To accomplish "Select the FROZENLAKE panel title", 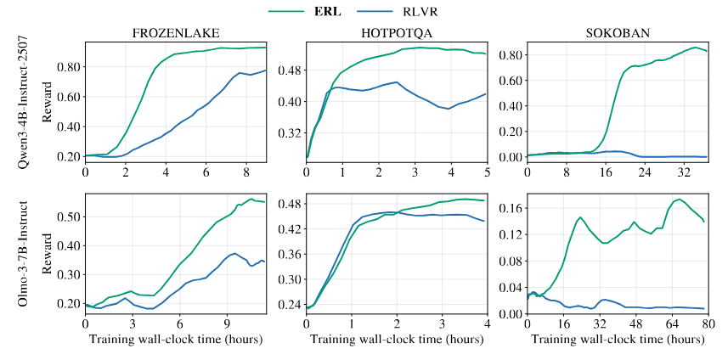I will tap(176, 33).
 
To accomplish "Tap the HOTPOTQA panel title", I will tap(396, 33).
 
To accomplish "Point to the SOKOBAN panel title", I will tap(617, 33).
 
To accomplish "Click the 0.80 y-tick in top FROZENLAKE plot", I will tap(67, 67).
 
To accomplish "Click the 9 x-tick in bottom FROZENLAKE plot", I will tap(227, 324).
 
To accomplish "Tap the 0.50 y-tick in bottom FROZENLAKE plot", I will tap(67, 217).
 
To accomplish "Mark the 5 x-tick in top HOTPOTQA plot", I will tap(487, 172).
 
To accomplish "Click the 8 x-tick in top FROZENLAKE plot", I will tap(246, 172).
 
